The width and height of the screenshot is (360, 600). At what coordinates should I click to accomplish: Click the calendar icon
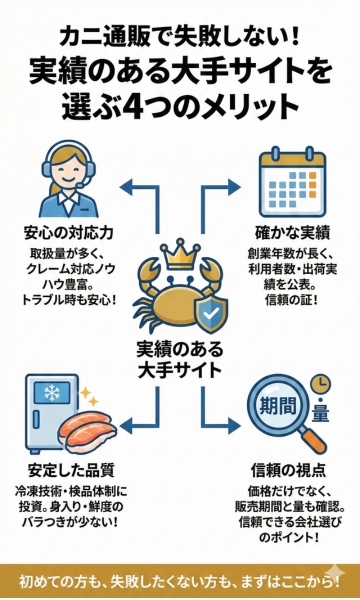[x=284, y=177]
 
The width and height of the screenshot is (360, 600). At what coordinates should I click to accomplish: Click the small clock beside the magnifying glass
[x=321, y=384]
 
